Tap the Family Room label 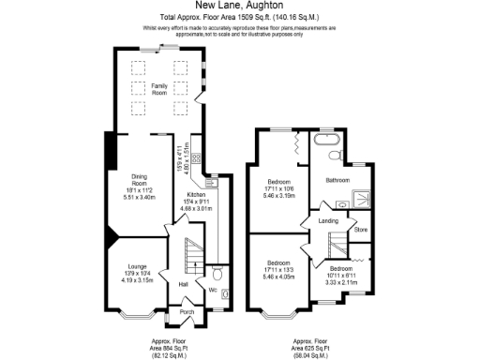coord(153,89)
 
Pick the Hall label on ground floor coord(184,283)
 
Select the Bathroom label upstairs coord(337,179)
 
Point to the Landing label coord(328,221)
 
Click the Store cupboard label coord(361,229)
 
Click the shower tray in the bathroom coord(357,199)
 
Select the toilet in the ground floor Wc coord(217,275)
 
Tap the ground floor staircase coord(192,254)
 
